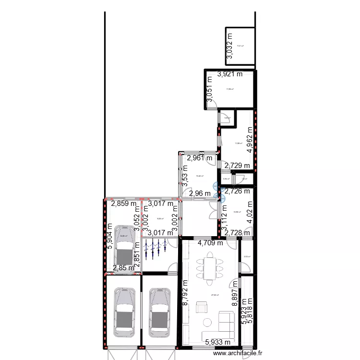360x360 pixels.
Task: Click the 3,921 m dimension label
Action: tap(230, 74)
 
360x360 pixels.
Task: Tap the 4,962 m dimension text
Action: tap(250, 140)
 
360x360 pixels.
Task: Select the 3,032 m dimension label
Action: tap(229, 46)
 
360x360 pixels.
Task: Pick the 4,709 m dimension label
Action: tap(210, 242)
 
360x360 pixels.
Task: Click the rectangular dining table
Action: tap(210, 268)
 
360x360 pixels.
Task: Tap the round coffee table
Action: tap(208, 322)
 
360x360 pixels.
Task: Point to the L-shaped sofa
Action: tap(221, 326)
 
